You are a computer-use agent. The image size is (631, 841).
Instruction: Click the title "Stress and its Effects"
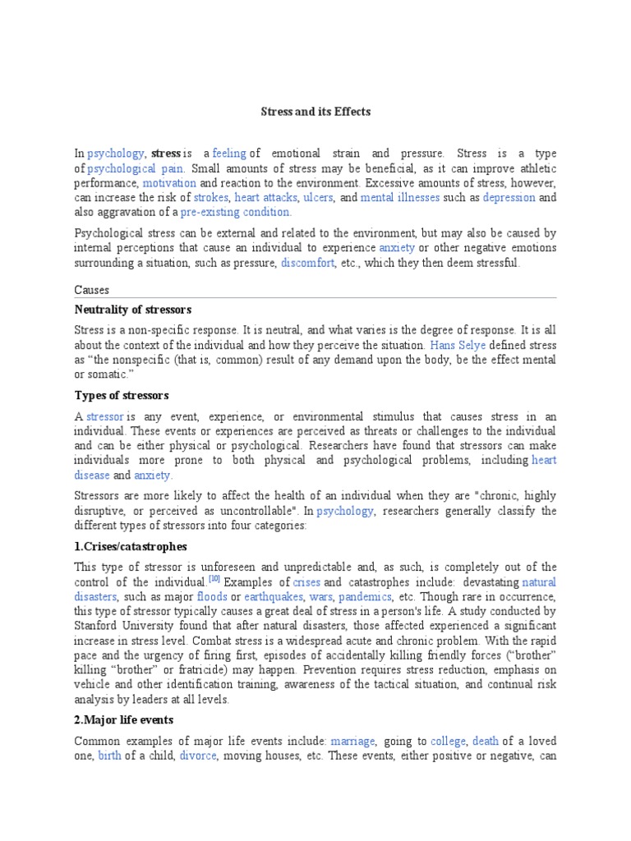click(x=315, y=112)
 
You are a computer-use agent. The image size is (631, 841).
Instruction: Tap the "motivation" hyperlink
click(x=170, y=183)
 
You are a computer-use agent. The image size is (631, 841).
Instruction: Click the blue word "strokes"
click(x=210, y=198)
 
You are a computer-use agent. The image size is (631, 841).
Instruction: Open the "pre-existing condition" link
click(x=237, y=213)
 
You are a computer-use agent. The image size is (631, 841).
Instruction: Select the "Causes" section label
click(x=91, y=290)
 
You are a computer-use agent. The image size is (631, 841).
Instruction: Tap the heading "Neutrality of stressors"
click(x=132, y=310)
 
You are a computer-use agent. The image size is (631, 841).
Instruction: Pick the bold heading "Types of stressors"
click(x=122, y=396)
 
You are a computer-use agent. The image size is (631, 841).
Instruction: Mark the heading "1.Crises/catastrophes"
click(x=131, y=546)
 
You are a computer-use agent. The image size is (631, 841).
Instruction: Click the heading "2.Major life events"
click(x=124, y=720)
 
